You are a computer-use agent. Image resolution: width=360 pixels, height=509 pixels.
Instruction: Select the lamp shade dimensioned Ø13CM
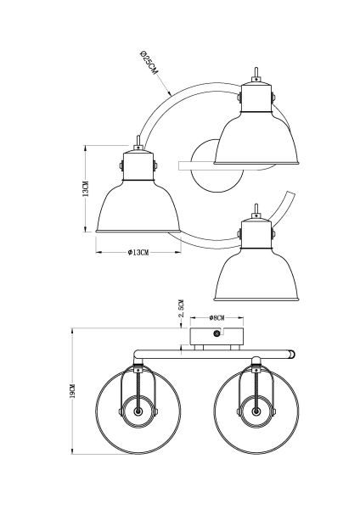[x=138, y=204]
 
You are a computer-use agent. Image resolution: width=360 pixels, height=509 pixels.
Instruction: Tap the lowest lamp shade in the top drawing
[x=256, y=271]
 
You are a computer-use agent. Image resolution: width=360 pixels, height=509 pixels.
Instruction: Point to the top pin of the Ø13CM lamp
[x=138, y=140]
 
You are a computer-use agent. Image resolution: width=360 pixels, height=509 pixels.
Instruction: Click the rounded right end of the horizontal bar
[x=292, y=351]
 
